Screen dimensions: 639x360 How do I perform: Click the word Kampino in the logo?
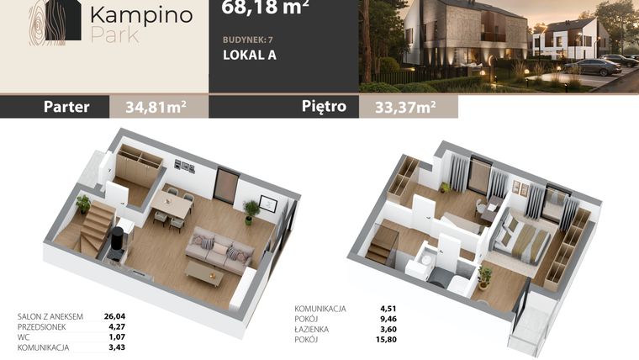(x=141, y=15)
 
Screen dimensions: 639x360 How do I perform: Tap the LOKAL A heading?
(x=250, y=55)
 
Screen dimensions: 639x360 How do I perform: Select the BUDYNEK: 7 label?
(x=248, y=40)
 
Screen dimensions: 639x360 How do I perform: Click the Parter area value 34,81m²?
(x=156, y=107)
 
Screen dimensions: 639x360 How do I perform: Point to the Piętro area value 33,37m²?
(x=405, y=107)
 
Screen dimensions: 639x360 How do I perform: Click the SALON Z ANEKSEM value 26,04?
(x=114, y=316)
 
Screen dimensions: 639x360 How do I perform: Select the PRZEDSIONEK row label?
(x=41, y=327)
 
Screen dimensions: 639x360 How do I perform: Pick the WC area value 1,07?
(x=117, y=337)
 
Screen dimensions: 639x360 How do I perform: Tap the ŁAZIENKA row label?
(x=312, y=329)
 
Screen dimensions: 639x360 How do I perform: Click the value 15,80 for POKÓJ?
(x=386, y=339)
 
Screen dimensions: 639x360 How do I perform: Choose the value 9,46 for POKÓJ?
(x=388, y=319)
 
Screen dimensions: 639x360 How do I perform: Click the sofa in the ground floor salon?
(x=219, y=250)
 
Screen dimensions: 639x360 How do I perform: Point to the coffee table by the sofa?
(x=204, y=273)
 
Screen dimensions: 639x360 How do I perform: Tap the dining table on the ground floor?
(x=172, y=204)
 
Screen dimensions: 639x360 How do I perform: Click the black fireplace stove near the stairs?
(x=118, y=241)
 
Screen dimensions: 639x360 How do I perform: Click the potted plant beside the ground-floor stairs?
(x=83, y=204)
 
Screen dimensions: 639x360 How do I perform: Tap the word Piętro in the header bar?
(x=324, y=107)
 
